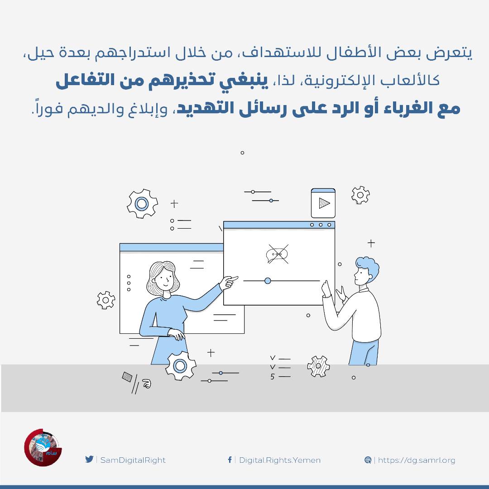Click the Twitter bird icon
tap(89, 460)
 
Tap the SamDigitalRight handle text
tap(133, 460)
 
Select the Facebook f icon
tap(230, 460)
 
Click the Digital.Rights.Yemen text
tap(280, 460)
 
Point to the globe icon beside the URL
tap(368, 460)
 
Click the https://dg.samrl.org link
tap(417, 460)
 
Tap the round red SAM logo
tap(43, 447)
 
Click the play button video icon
tap(323, 203)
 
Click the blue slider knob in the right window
tap(268, 281)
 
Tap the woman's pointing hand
tap(229, 282)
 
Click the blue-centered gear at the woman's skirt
tap(180, 365)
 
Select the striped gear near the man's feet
tap(318, 366)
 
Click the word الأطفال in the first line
tap(351, 53)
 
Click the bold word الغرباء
tap(406, 108)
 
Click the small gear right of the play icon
tap(360, 195)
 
